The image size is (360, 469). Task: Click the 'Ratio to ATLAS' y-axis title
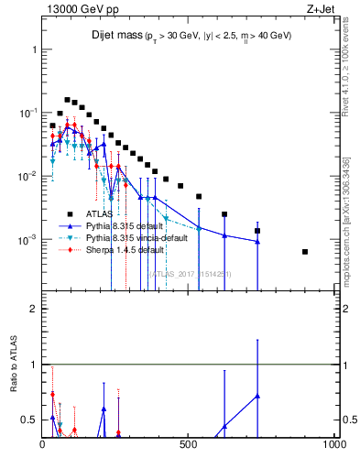13,390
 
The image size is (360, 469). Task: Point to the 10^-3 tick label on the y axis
27,240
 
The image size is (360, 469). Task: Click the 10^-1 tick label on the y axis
27,113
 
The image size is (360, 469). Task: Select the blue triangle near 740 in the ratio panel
257,396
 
